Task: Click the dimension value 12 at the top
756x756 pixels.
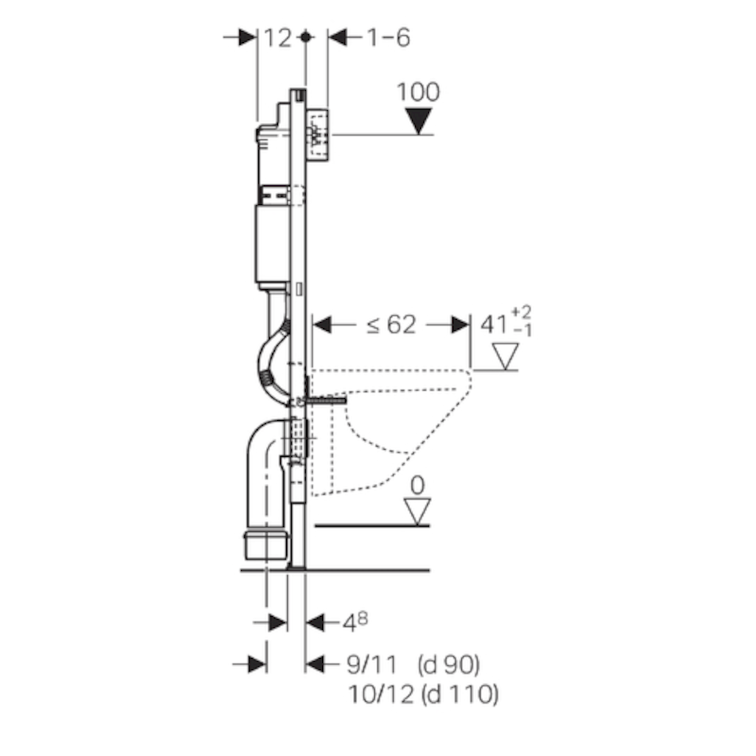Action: coord(278,38)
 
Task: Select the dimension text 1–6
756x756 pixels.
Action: coord(389,38)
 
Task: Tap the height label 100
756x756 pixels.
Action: coord(418,92)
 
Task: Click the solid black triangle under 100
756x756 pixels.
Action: coord(418,121)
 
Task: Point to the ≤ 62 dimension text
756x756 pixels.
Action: coord(391,325)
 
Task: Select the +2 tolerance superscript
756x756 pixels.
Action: coord(521,312)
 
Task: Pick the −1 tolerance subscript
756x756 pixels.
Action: coord(522,331)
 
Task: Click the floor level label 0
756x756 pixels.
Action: coord(418,486)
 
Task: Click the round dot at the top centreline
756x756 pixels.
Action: coord(306,38)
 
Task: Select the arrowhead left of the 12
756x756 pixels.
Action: coord(248,38)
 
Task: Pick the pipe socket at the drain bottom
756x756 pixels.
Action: coord(266,545)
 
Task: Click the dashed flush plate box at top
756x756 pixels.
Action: coord(319,135)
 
